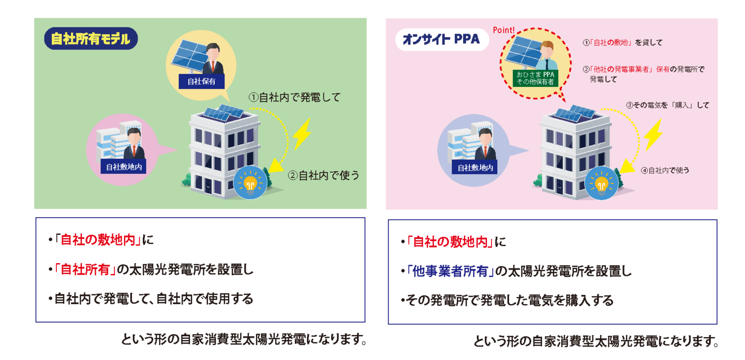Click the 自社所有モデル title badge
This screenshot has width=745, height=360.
[x=91, y=38]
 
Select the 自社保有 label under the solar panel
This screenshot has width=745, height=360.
[x=201, y=81]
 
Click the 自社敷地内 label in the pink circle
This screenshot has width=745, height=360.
[x=124, y=167]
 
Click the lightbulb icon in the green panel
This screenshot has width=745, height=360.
[x=250, y=183]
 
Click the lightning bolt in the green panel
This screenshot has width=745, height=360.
[x=302, y=134]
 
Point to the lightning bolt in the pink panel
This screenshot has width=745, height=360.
[x=653, y=135]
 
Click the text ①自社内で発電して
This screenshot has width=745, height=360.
[x=294, y=97]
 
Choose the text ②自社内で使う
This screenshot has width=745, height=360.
[x=323, y=175]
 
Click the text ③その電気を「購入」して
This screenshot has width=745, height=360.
[x=667, y=105]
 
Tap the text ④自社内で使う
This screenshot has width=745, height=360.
[x=665, y=170]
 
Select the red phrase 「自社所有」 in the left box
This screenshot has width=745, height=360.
[x=87, y=269]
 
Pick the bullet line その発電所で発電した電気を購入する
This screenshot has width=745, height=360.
[x=509, y=301]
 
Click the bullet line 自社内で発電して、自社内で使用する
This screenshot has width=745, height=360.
[x=154, y=299]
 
